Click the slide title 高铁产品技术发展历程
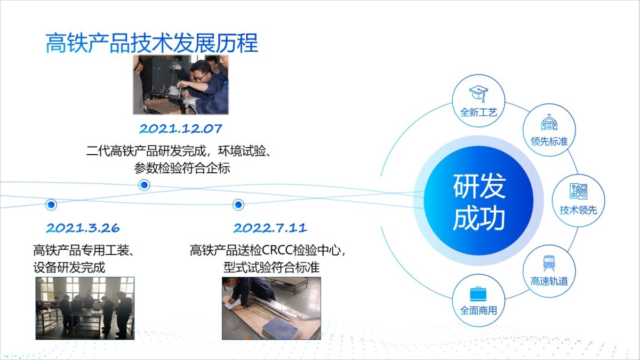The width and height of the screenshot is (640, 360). pos(151,43)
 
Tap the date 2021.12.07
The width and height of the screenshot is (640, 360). pos(181,129)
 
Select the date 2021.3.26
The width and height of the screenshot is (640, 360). pos(83,228)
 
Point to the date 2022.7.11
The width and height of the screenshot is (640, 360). pos(270,228)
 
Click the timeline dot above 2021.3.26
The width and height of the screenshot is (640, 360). pos(51,205)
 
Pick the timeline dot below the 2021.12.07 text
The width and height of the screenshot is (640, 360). pos(145,185)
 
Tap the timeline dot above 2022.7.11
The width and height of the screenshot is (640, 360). pos(238,205)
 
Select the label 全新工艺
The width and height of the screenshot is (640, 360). pos(478,113)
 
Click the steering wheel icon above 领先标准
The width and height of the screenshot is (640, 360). pos(549,123)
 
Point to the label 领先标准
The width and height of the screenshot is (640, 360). pos(549,141)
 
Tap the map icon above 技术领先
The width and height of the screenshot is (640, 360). pos(578,191)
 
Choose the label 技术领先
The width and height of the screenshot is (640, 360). pos(578,210)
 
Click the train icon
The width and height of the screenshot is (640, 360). pos(549,263)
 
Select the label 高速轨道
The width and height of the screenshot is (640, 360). pos(549,282)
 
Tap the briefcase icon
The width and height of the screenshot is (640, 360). pos(478,294)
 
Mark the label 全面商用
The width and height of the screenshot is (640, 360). pos(478,310)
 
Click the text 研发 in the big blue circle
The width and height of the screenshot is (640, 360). pos(479,186)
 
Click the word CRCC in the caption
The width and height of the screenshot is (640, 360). pos(278,250)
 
